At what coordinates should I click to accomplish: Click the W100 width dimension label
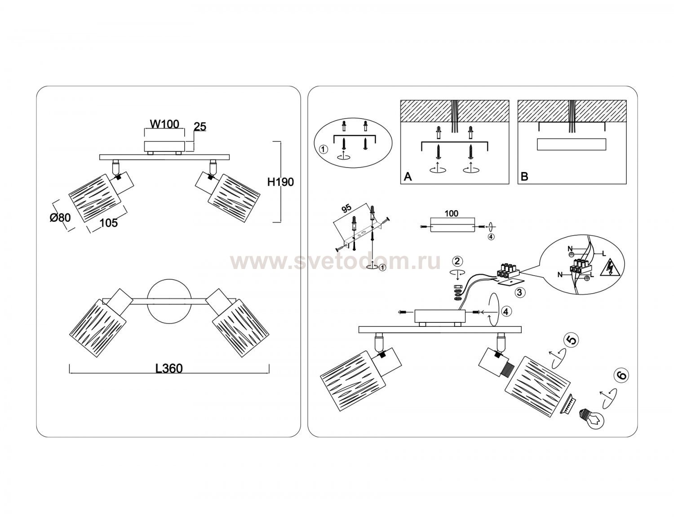pos(164,124)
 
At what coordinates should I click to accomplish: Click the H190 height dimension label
pos(280,182)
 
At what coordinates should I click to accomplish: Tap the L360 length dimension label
pos(169,369)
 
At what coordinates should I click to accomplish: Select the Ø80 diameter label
pos(60,217)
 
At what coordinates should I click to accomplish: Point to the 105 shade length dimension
pos(109,223)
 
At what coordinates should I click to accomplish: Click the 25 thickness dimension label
pos(200,127)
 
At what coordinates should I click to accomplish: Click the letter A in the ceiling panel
pos(408,176)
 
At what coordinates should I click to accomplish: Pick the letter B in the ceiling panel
pos(525,176)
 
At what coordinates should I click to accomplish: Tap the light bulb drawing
pos(592,418)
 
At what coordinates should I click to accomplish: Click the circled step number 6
pos(621,375)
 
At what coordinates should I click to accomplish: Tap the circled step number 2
pos(457,261)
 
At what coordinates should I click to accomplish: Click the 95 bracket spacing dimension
pos(346,208)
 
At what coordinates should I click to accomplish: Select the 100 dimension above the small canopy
pos(451,213)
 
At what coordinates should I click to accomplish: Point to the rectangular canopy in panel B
pos(571,145)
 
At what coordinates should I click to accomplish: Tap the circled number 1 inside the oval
pos(323,150)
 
